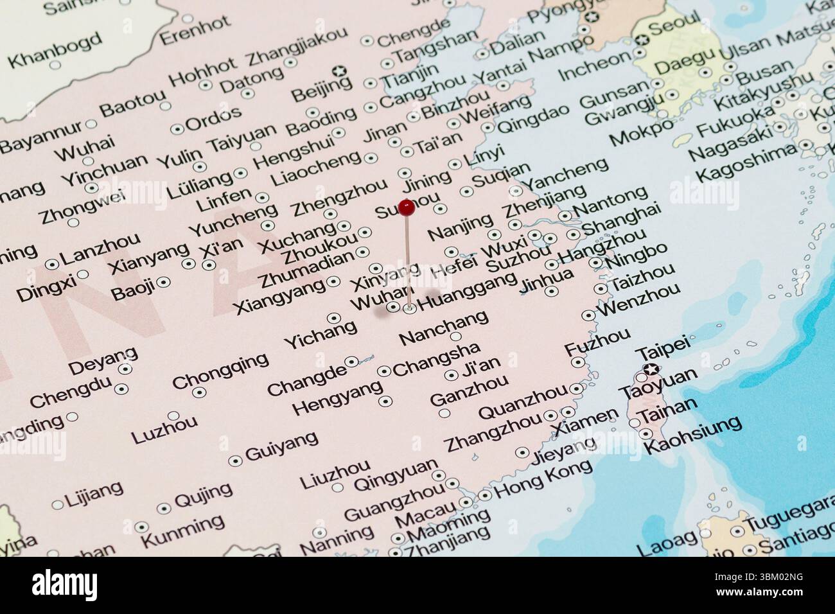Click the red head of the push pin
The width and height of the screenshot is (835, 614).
tap(407, 207)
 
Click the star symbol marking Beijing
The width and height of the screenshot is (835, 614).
tap(340, 71)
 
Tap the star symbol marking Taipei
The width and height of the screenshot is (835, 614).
tap(651, 369)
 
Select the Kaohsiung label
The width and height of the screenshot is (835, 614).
tap(692, 435)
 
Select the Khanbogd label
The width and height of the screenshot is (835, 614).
tap(56, 50)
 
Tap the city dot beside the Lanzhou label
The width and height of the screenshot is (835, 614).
tap(51, 264)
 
